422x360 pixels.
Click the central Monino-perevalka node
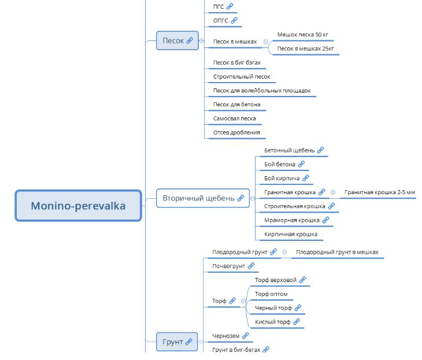78,205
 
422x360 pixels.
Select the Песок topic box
173,40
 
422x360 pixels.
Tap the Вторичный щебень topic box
198,198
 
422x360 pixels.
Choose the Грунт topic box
173,342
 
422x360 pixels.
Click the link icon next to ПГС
230,6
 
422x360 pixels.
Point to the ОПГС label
221,20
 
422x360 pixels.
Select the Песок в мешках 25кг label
305,49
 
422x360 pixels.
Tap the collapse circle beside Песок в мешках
265,42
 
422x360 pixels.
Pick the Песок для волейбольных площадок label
262,91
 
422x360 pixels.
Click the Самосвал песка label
234,118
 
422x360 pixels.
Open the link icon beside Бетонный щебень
321,150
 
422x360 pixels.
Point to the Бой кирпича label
282,178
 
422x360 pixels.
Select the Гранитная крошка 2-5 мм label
379,192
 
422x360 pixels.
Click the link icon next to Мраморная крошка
325,220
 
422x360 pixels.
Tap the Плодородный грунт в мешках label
338,252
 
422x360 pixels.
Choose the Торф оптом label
271,294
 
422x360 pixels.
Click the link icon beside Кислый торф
297,322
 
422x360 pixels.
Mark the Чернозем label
225,335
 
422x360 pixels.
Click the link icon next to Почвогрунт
251,266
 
